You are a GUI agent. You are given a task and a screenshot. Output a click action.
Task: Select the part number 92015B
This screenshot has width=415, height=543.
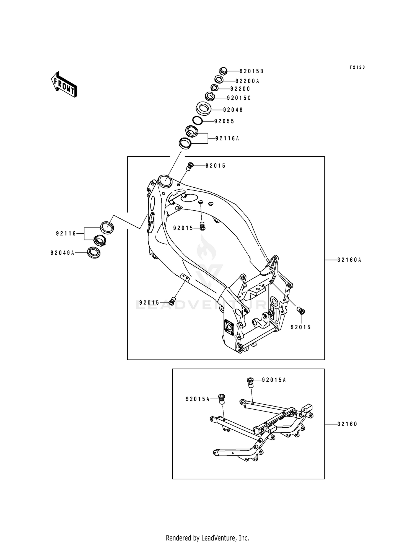(x=251, y=71)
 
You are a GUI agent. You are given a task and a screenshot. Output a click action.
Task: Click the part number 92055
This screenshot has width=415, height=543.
(x=224, y=121)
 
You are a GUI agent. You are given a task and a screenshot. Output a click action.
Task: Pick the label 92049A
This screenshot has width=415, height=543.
(x=63, y=253)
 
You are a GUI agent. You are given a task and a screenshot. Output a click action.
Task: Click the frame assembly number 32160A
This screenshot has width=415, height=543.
(x=349, y=260)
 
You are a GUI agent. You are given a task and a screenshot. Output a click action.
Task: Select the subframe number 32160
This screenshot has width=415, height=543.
(x=347, y=424)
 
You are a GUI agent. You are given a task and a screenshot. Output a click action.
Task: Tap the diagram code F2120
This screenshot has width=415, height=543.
(x=357, y=67)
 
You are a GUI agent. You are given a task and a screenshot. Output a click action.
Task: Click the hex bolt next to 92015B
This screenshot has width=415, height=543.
(x=223, y=71)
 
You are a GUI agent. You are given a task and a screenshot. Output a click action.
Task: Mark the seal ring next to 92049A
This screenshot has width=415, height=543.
(x=94, y=252)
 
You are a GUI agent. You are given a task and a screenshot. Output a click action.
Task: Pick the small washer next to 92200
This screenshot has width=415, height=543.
(x=215, y=88)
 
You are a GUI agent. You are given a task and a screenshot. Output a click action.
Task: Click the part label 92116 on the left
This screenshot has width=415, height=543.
(x=66, y=234)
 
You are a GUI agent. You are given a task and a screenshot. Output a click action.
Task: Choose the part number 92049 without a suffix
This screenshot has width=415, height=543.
(x=233, y=110)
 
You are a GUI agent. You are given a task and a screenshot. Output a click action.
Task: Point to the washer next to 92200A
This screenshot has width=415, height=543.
(x=219, y=79)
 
